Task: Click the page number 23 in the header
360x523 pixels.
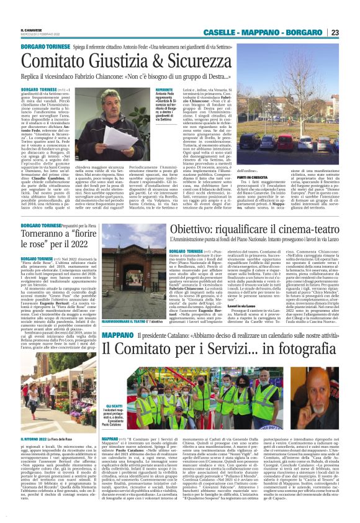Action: point(351,32)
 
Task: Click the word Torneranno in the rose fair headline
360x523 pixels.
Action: point(47,235)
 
